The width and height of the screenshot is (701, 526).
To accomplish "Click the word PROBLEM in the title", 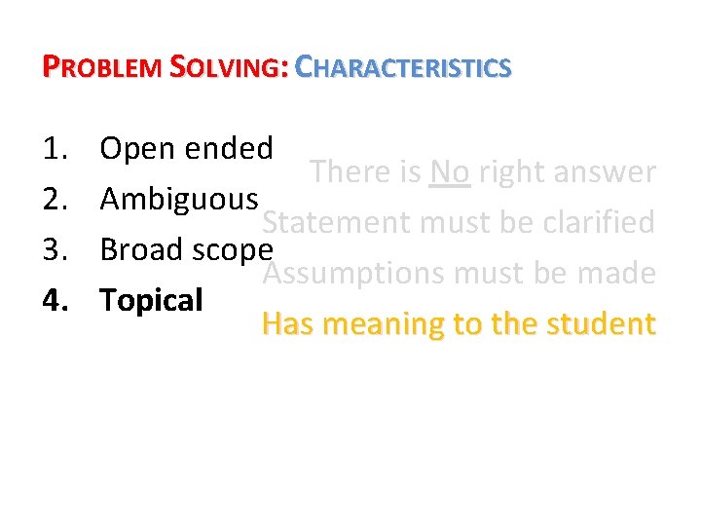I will click(103, 67).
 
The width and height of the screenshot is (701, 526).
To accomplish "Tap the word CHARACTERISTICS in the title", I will click(403, 67).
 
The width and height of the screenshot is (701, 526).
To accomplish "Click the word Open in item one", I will click(133, 150).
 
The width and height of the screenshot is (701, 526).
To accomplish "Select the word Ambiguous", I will click(178, 200).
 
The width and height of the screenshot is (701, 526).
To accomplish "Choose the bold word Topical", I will click(151, 301).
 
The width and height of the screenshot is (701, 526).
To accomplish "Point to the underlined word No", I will click(449, 173).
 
